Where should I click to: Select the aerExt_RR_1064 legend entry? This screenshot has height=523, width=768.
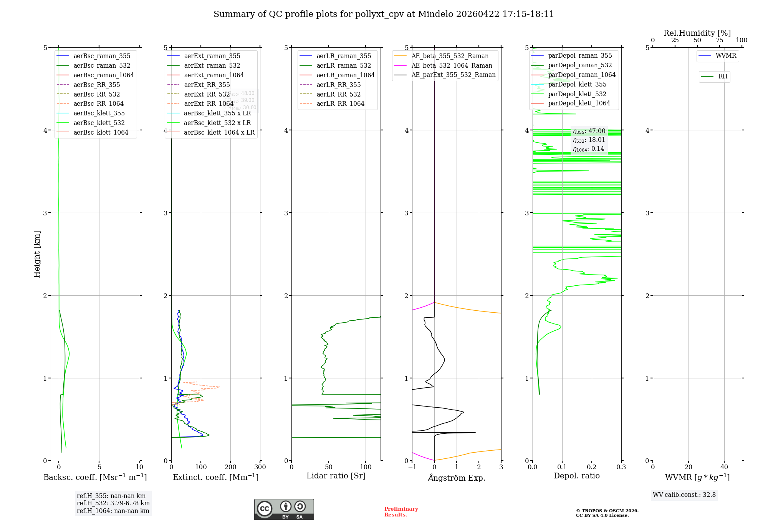[x=209, y=103]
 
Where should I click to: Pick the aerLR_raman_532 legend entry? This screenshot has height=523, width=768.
[x=344, y=65]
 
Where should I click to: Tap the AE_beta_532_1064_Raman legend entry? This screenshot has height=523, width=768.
[x=452, y=65]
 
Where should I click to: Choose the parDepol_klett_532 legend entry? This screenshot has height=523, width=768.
[x=577, y=94]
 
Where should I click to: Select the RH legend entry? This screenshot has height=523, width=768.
[x=723, y=77]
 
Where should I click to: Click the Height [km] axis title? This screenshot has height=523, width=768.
[x=37, y=254]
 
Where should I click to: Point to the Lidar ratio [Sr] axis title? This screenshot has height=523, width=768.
[x=336, y=476]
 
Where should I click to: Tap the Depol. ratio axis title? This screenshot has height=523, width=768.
[x=576, y=476]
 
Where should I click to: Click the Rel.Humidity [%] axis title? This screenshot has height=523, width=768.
[x=697, y=33]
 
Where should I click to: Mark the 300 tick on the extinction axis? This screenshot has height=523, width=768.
[x=260, y=467]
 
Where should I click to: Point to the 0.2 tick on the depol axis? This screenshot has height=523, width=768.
[x=592, y=467]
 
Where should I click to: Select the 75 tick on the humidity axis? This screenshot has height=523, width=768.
[x=720, y=40]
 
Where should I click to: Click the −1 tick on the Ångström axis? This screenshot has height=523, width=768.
[x=412, y=467]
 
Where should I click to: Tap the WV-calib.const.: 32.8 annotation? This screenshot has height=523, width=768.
[x=684, y=495]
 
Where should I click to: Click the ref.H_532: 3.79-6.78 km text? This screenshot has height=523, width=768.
[x=113, y=503]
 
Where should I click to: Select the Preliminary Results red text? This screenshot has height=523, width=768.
[x=401, y=511]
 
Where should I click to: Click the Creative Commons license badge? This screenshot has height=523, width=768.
[x=284, y=509]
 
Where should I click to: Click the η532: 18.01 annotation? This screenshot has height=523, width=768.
[x=589, y=140]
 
